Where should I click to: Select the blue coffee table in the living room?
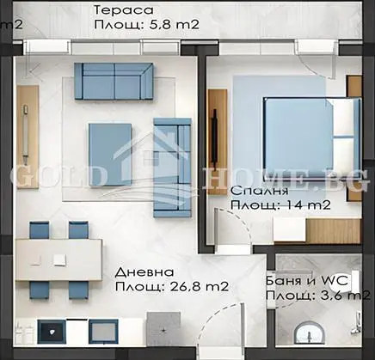(110, 155)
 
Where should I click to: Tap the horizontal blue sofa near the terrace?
(114, 80)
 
